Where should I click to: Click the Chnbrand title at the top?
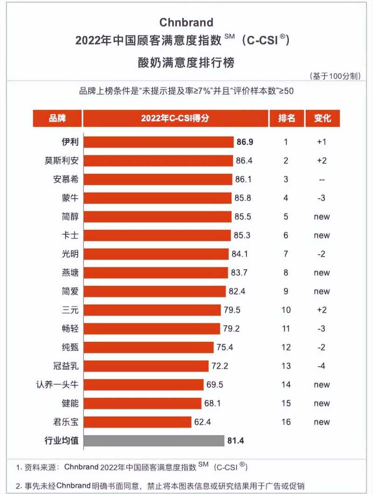point(186,22)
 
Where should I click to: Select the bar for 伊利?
point(159,142)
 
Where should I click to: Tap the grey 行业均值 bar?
point(154,441)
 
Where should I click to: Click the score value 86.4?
point(244,161)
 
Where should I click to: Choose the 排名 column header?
point(286,119)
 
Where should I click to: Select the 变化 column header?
point(322,119)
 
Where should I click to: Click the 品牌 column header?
point(57,119)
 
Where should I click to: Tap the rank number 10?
point(286,310)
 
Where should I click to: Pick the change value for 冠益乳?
point(322,366)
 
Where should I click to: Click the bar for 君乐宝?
point(138,422)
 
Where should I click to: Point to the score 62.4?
point(202,422)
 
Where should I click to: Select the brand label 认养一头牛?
point(59,385)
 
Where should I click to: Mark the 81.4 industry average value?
point(236,441)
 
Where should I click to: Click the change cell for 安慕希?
point(322,179)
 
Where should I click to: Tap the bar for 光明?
point(157,254)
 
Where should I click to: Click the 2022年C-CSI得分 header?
point(175,119)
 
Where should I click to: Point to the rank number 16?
point(286,422)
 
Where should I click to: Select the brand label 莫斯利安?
point(62,161)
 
